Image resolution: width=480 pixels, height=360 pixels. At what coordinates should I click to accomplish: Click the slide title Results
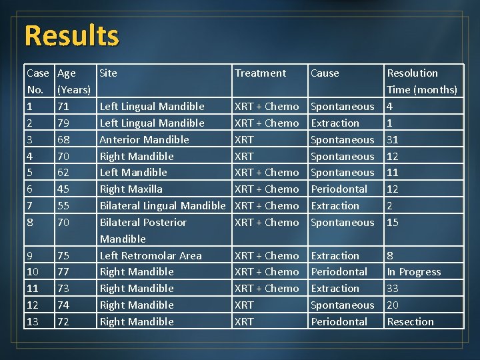point(71,35)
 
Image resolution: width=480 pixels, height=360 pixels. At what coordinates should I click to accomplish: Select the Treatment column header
point(260,73)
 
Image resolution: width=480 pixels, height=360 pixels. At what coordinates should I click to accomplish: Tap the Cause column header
point(325,73)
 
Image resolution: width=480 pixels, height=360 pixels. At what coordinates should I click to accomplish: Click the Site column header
point(108,73)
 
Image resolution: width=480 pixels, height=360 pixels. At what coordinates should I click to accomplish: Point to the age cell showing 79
point(63,123)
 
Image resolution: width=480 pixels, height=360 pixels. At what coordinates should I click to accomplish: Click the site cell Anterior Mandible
point(144,139)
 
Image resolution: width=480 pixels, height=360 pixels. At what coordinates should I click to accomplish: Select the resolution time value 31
point(393,139)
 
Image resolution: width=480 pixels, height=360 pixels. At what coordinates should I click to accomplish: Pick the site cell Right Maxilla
point(131,189)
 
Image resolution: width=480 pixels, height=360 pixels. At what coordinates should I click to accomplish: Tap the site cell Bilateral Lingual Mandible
point(163,205)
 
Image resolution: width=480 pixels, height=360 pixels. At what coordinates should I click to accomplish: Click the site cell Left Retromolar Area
point(151,255)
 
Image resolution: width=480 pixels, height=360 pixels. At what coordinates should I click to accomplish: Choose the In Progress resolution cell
point(414,272)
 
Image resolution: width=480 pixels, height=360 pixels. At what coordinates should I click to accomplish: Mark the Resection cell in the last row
point(410,321)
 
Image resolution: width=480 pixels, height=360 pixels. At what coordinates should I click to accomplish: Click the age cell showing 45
point(63,189)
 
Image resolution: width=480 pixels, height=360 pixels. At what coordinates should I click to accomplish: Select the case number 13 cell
point(33,321)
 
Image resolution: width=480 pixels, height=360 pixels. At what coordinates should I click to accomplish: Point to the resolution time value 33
point(393,289)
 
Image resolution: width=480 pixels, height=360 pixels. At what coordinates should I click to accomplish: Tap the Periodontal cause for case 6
point(339,189)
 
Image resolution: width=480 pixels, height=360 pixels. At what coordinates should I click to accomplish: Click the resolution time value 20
point(393,305)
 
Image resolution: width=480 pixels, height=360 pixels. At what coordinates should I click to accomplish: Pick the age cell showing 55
point(63,205)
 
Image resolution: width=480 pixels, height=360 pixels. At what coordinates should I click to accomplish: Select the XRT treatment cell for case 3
point(244,139)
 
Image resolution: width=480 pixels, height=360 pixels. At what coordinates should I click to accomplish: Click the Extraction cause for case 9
point(335,255)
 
